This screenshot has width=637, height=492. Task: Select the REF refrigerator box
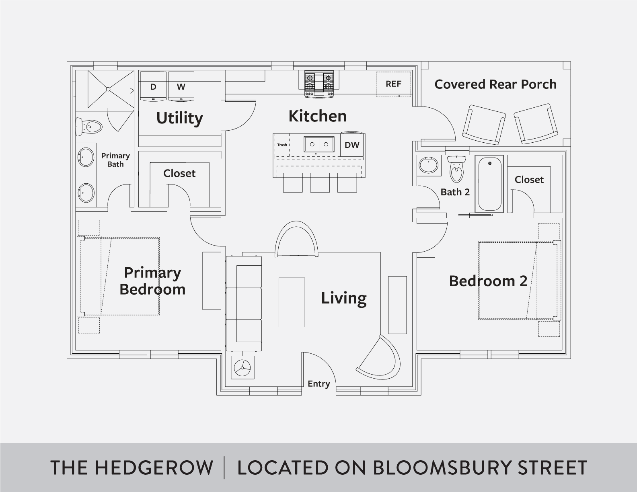point(393,84)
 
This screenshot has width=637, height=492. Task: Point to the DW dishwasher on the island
point(352,145)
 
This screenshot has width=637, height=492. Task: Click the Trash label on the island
point(282,145)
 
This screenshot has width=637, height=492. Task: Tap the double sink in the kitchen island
point(319,144)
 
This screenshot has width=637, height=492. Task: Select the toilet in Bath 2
point(456,169)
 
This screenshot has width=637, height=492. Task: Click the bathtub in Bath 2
point(489,184)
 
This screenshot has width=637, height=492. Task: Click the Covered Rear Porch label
point(495,84)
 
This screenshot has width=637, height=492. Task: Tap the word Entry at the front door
point(318,384)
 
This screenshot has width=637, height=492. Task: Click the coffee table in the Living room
point(292,302)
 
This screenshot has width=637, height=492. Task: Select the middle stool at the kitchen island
point(320,182)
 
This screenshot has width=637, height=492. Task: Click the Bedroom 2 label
point(488,281)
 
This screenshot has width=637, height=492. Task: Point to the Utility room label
point(179,118)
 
